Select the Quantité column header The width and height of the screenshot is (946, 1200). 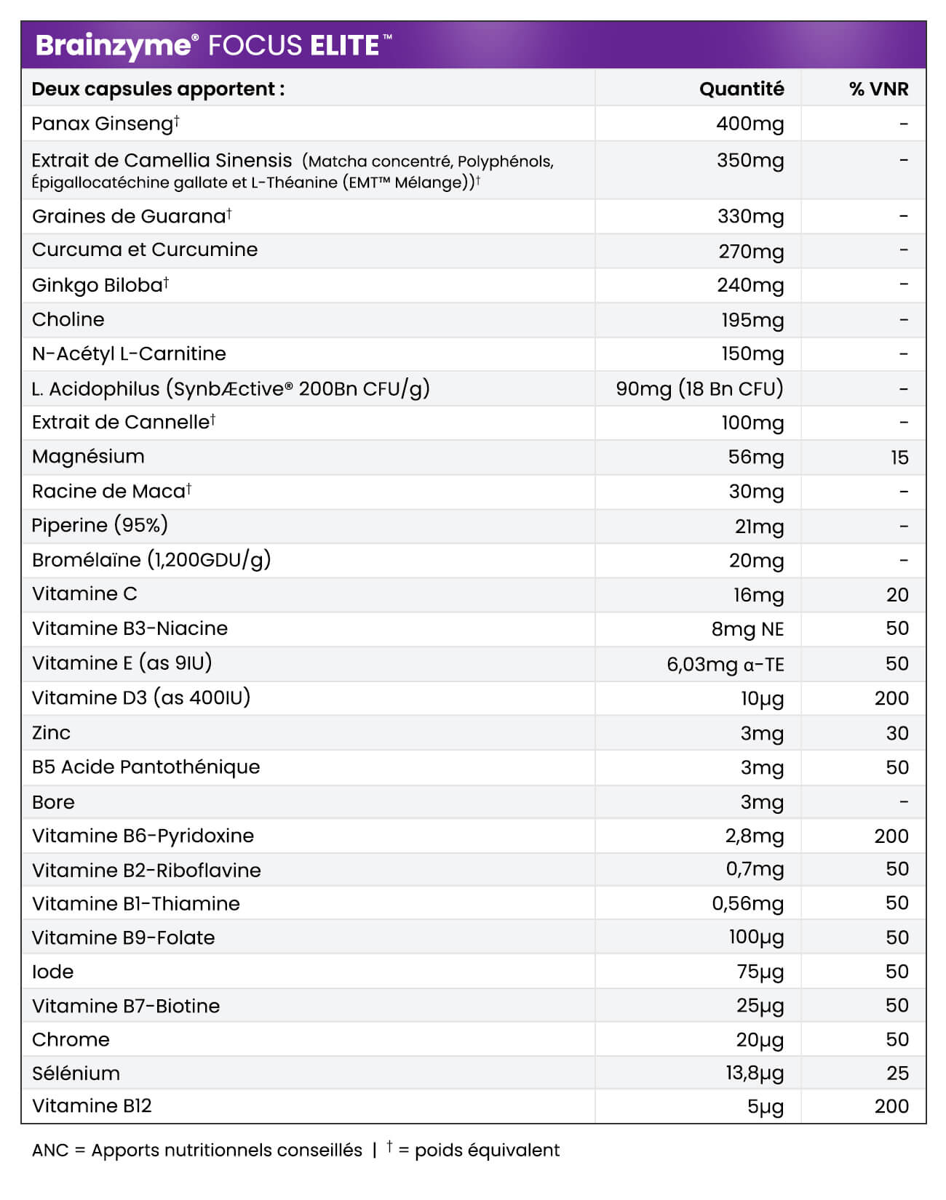coord(741,89)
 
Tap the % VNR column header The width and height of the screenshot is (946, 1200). coord(878,89)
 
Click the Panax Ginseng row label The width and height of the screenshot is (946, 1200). coord(102,124)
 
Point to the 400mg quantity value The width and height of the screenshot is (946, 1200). coord(750,124)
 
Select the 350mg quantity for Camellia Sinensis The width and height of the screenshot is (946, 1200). coord(750,160)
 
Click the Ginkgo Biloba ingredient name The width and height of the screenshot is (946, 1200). coord(98,285)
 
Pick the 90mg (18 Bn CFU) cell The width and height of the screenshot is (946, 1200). coord(699,388)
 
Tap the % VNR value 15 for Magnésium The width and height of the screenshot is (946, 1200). coord(899,457)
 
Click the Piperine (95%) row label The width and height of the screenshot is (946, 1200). coord(100,525)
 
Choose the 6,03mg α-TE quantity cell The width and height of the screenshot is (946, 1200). coord(725,664)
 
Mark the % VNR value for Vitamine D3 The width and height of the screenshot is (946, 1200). coord(891,698)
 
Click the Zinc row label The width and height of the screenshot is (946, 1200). coord(51,732)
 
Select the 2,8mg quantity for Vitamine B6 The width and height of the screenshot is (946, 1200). coord(754,836)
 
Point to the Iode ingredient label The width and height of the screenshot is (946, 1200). coord(52,972)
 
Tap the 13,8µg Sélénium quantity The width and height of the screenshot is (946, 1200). coord(755,1073)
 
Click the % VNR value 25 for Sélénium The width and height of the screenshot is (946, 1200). coord(897,1073)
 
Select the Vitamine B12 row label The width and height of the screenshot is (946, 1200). coord(92,1106)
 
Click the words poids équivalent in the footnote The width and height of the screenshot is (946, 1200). coord(487,1150)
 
